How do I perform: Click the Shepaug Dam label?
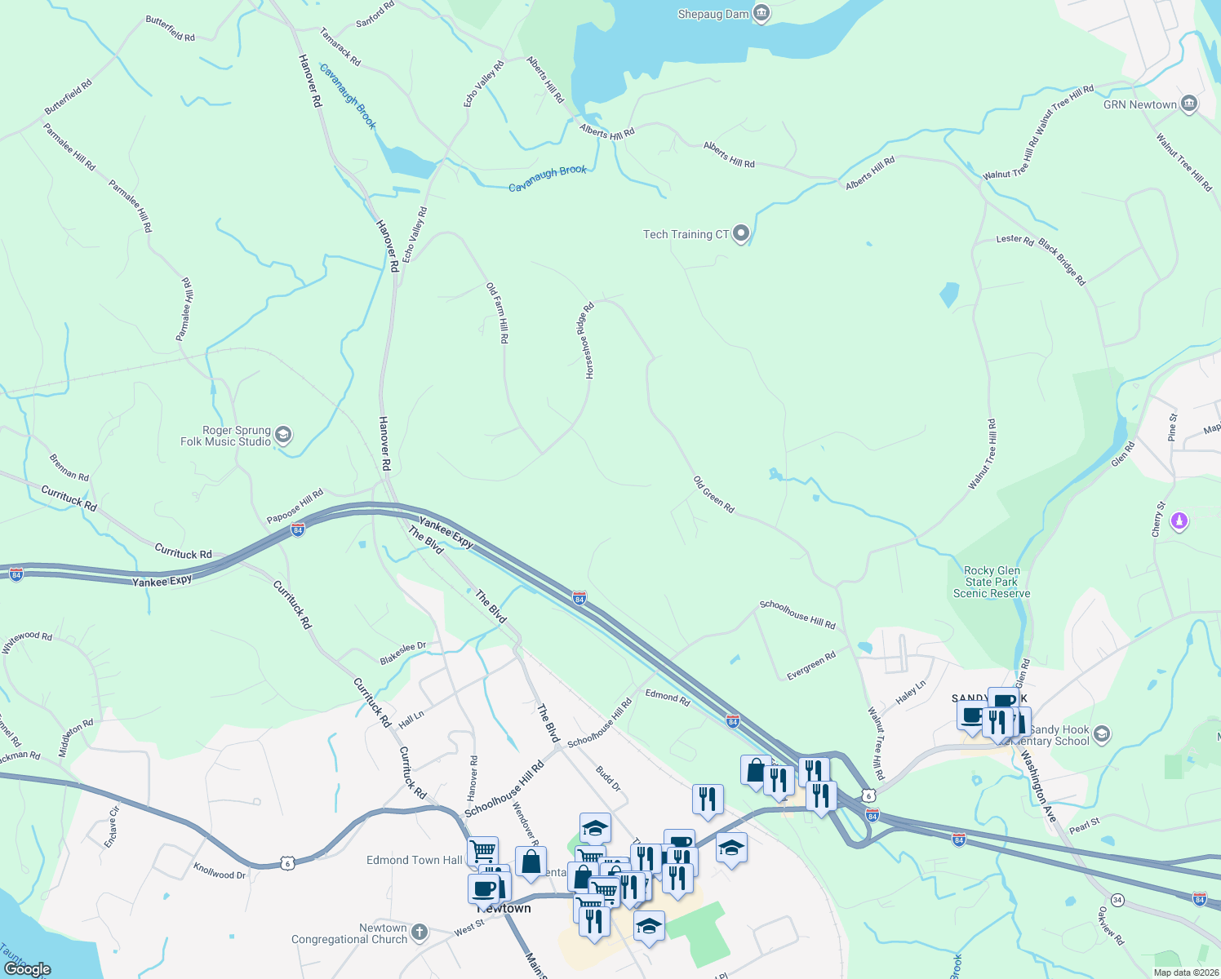(x=713, y=14)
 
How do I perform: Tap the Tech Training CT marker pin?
(x=741, y=234)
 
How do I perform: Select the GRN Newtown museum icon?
(x=1188, y=104)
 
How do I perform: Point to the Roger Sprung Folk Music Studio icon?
(x=283, y=434)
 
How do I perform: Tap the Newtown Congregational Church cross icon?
(x=419, y=932)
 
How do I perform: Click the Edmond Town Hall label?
(x=414, y=860)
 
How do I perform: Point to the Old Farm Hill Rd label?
(x=498, y=312)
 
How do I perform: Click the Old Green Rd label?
(x=714, y=494)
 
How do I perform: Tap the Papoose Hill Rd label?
(x=295, y=506)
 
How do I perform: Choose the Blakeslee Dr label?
(x=403, y=653)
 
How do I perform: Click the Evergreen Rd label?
(x=811, y=666)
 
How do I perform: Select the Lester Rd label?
(x=1015, y=239)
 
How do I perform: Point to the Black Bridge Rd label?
(x=1063, y=263)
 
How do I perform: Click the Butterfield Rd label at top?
(x=171, y=29)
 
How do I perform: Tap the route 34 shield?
(x=1117, y=899)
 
